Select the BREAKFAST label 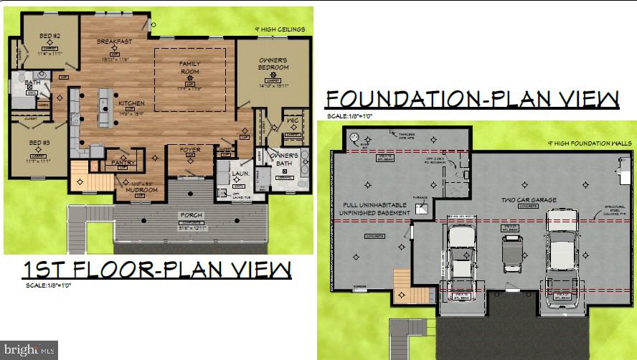[115, 42]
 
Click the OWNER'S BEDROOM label [273, 64]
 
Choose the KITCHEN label [131, 103]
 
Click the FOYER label [190, 151]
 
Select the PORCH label [192, 215]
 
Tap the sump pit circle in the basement [353, 138]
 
